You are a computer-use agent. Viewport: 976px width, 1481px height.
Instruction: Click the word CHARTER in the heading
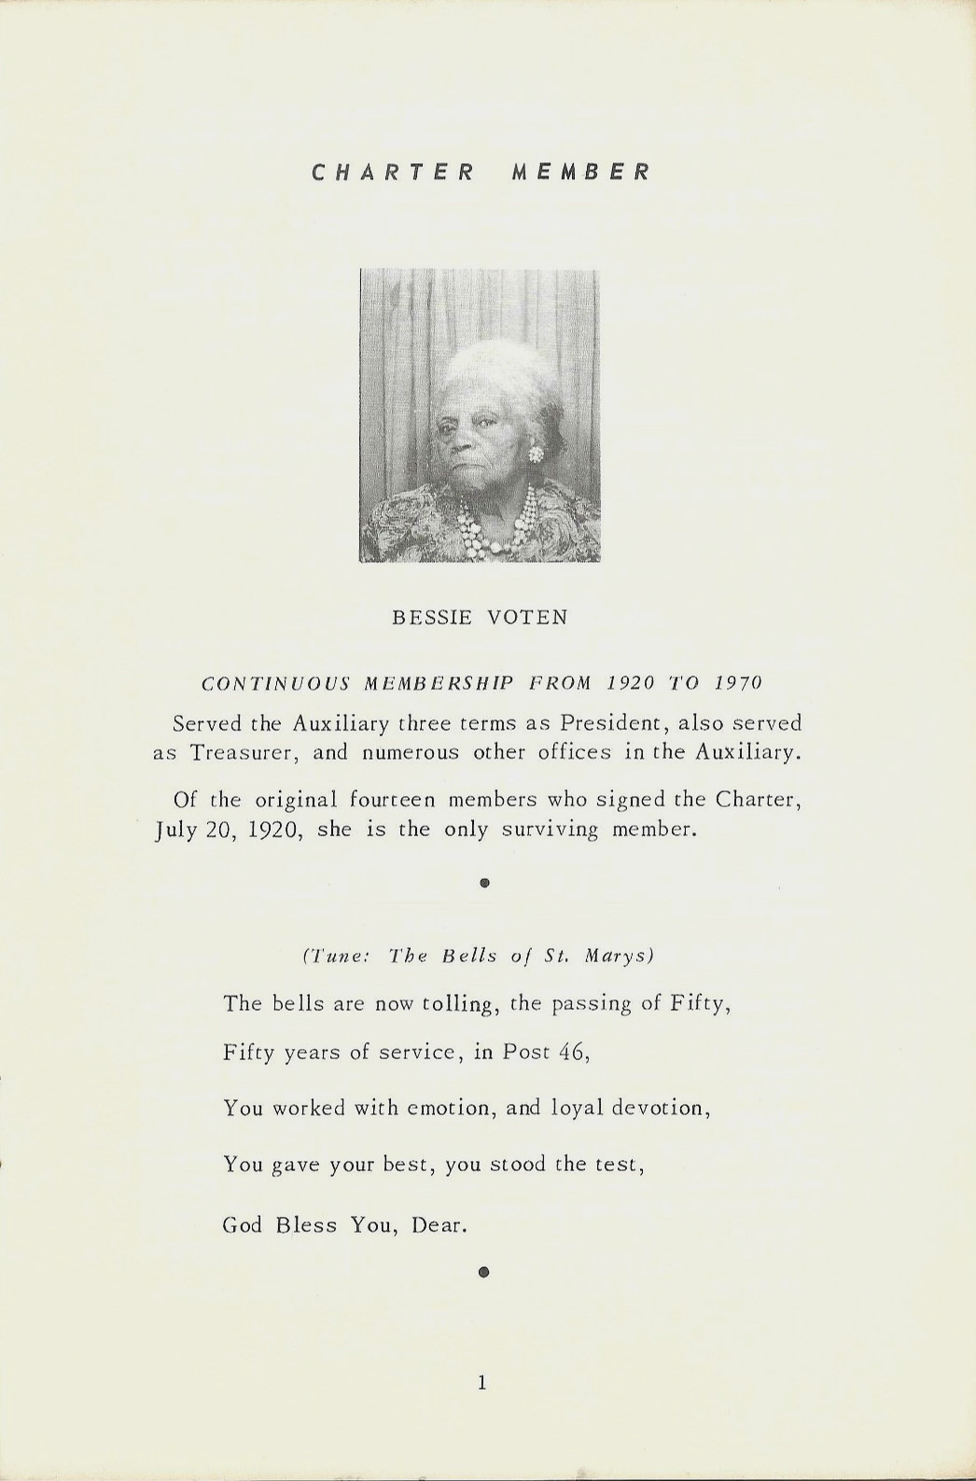[393, 173]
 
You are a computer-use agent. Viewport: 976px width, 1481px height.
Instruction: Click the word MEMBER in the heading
[580, 173]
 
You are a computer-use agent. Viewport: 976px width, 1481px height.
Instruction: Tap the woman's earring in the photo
[537, 454]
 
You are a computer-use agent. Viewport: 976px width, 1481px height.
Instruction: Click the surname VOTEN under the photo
[527, 618]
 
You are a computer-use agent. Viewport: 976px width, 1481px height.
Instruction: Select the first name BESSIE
[430, 618]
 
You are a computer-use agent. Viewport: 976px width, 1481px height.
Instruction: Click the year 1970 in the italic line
[738, 683]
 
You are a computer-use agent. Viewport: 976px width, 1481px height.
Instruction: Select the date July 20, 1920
[226, 830]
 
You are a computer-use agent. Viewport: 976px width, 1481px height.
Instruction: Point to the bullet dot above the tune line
[483, 882]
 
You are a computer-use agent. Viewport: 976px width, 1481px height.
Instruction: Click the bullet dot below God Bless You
[483, 1271]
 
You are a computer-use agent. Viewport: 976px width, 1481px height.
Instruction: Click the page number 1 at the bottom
[481, 1383]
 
